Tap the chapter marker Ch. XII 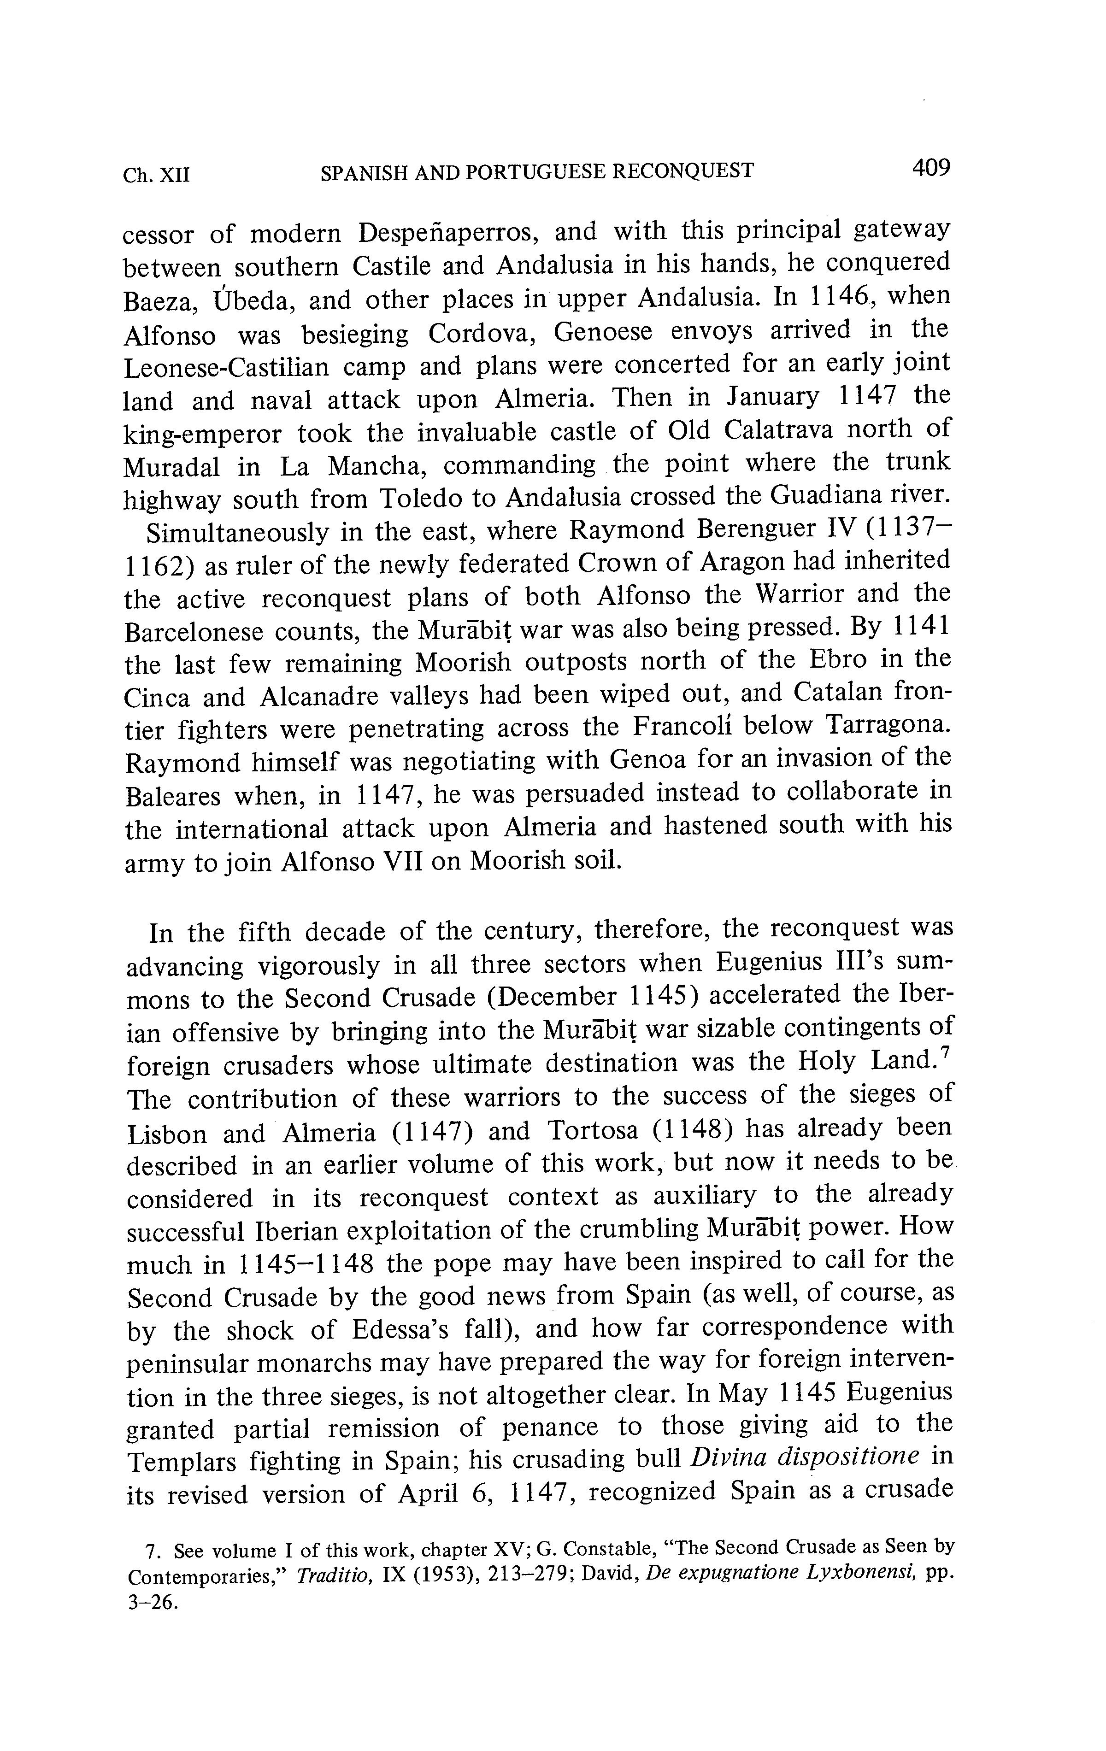pos(156,175)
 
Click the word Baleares pos(172,796)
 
